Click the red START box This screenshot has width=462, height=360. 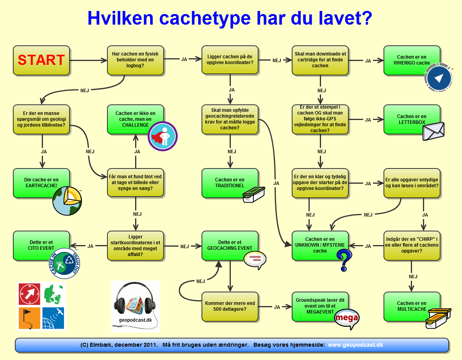tap(41, 61)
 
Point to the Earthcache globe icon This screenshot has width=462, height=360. tap(67, 201)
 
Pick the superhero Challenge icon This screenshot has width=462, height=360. tap(162, 136)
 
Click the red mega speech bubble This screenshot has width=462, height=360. tap(347, 319)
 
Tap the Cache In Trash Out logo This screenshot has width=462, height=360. tap(64, 263)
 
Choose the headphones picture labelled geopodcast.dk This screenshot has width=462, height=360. tap(136, 306)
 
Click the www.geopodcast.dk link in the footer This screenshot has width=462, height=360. tap(355, 345)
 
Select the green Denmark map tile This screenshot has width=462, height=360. tap(54, 294)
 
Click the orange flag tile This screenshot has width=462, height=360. tap(29, 318)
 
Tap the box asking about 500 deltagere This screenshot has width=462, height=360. tap(230, 306)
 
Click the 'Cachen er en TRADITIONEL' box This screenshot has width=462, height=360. tap(230, 183)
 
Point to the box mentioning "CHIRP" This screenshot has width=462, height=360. tap(412, 245)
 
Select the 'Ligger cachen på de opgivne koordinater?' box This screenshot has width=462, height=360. tap(230, 60)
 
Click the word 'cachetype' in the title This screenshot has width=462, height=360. tap(205, 18)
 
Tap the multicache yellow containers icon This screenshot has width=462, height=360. tap(439, 318)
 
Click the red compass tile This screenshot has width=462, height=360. tap(29, 294)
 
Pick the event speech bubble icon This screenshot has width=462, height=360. tap(255, 260)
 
